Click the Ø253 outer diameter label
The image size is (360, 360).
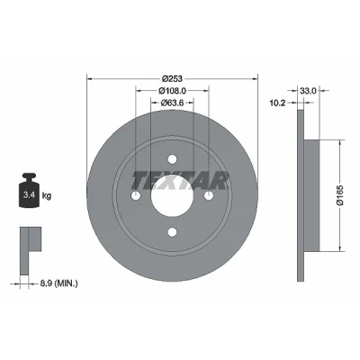172,78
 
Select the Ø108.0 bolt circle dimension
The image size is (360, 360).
172,90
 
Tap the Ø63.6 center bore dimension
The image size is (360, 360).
172,103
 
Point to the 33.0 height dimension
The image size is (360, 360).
308,90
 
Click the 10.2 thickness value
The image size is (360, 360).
277,103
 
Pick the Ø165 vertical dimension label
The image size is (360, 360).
340,195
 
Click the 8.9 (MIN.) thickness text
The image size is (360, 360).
58,283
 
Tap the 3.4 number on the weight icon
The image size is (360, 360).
30,195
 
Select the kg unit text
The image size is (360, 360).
47,196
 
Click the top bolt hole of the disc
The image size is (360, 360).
172,159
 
